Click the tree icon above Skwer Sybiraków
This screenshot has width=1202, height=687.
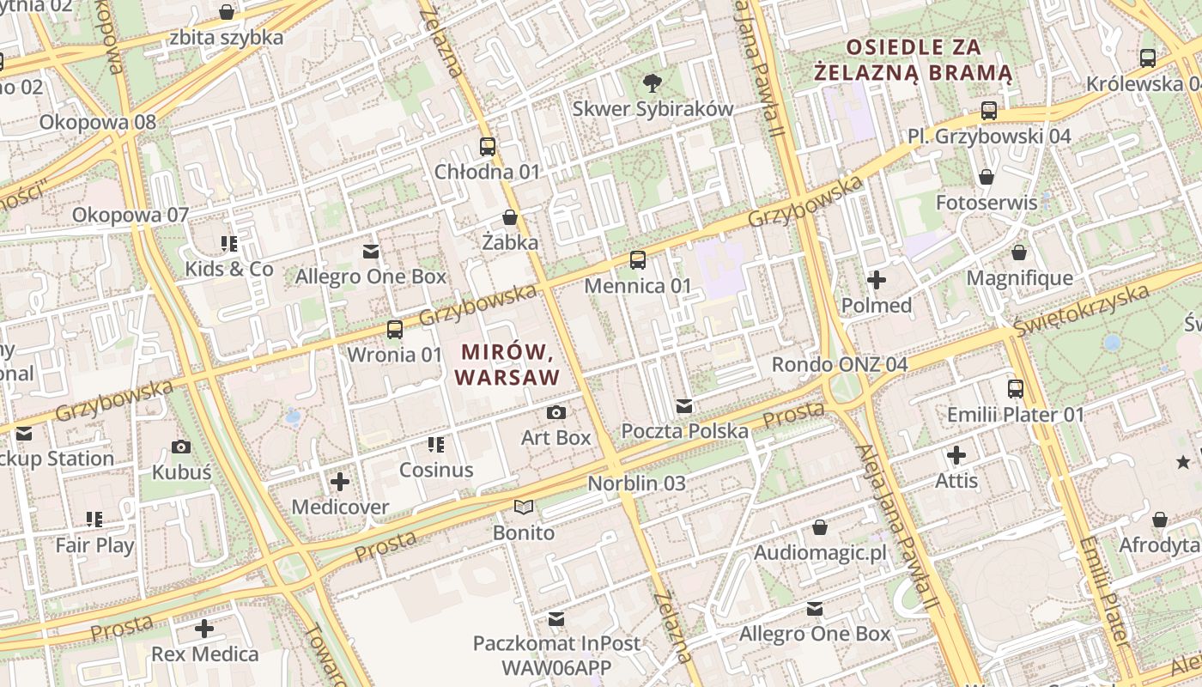tap(653, 82)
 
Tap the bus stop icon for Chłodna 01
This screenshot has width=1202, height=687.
tap(488, 146)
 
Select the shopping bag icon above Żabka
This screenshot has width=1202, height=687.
tap(510, 217)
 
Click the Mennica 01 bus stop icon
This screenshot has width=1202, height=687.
tap(637, 259)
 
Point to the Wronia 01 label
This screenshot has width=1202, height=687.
tap(394, 355)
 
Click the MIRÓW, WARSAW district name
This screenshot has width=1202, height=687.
tap(507, 364)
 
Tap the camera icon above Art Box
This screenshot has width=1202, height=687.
tap(556, 412)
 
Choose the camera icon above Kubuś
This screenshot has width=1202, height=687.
tap(181, 447)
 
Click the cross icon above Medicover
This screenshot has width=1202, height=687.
tap(340, 482)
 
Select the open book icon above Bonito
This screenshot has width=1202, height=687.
tap(524, 508)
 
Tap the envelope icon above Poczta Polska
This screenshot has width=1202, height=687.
tap(684, 405)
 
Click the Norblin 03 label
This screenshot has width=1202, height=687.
tap(636, 483)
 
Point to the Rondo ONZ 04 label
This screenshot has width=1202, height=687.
tap(839, 364)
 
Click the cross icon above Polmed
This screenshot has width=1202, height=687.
tap(877, 280)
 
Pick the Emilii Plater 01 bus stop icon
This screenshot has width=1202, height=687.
tap(1016, 389)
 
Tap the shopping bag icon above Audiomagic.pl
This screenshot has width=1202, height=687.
tap(820, 526)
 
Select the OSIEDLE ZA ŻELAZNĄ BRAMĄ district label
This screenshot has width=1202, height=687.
tap(913, 59)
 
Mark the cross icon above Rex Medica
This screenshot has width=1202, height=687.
tap(204, 629)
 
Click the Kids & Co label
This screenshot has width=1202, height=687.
tap(229, 270)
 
